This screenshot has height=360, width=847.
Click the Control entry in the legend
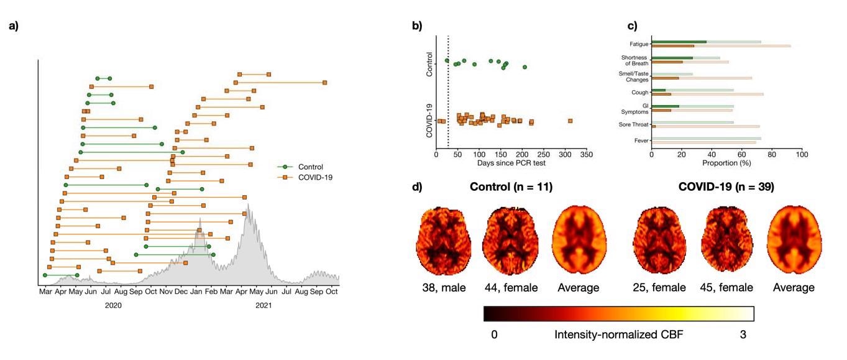tap(311, 167)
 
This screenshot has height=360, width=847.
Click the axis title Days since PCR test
tap(511, 163)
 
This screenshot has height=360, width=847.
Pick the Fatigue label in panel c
tap(639, 44)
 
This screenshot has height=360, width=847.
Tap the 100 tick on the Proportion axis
tap(802, 154)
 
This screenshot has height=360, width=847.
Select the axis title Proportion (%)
tap(726, 163)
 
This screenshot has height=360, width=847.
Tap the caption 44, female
tap(511, 287)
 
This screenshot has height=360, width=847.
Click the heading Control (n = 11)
tap(511, 187)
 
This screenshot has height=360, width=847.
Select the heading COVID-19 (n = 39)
tap(726, 187)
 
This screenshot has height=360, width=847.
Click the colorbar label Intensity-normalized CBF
tap(618, 335)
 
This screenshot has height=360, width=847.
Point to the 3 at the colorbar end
tap(743, 335)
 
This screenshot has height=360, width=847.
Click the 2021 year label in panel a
tap(263, 305)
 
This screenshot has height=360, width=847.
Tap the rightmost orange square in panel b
tap(570, 121)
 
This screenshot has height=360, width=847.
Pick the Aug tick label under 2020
tap(121, 291)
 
